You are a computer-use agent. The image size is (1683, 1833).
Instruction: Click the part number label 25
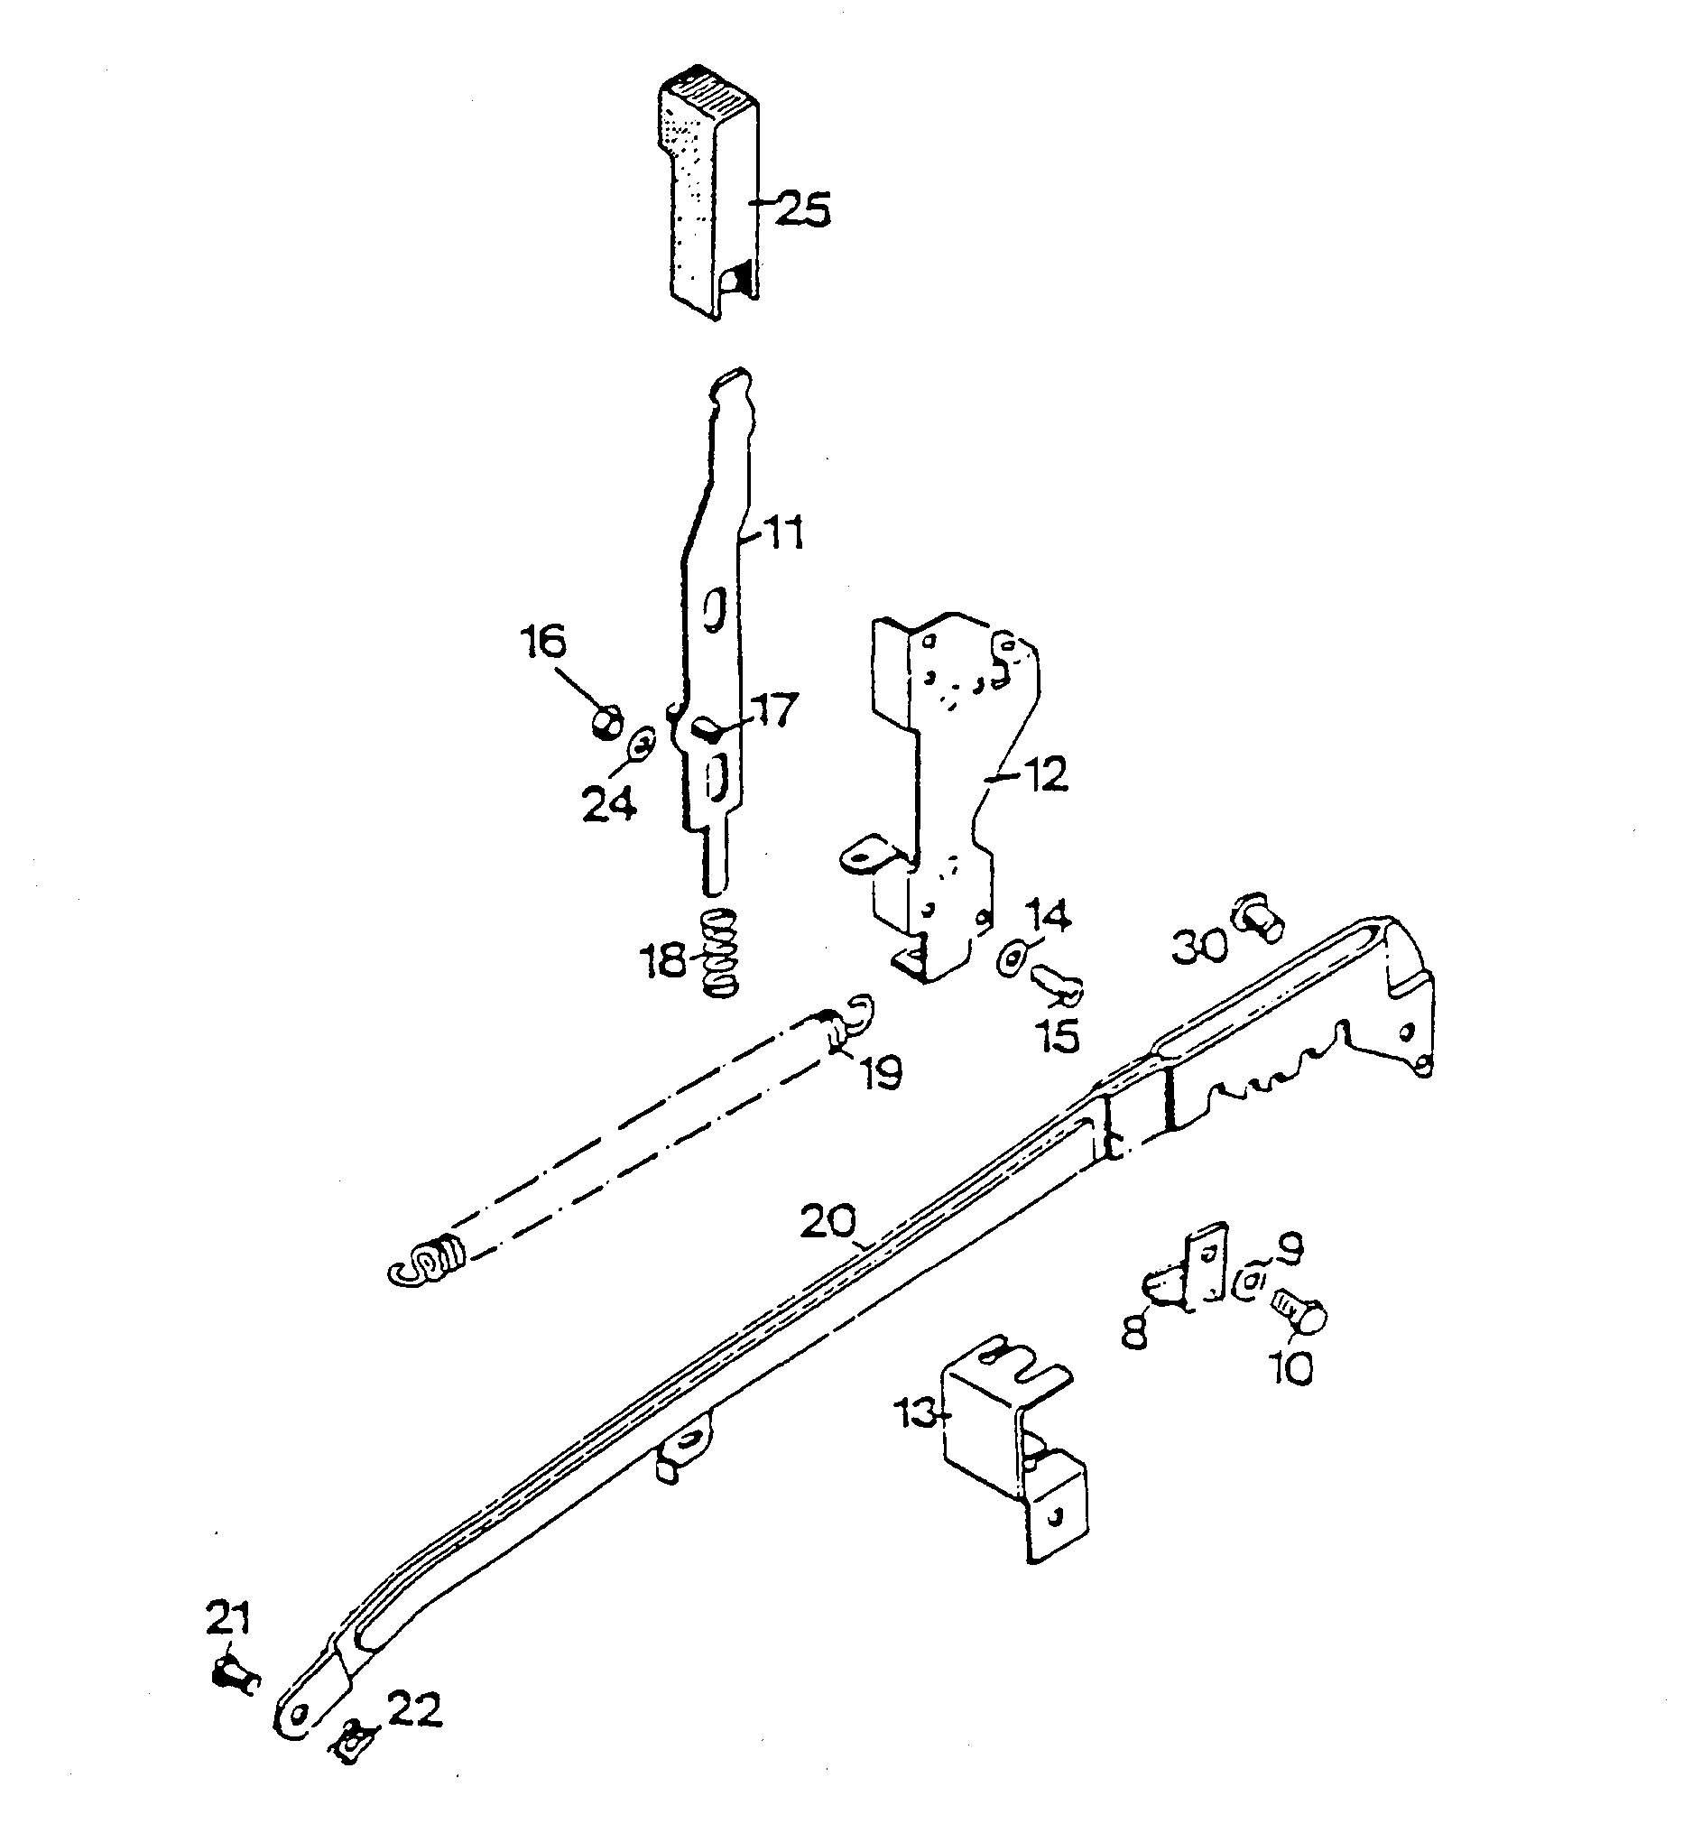click(x=803, y=208)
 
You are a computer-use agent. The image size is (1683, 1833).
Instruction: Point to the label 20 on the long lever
click(x=828, y=1221)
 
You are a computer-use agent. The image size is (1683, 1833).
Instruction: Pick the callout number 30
click(x=1198, y=946)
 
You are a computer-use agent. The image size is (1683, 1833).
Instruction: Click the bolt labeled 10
click(x=1297, y=1316)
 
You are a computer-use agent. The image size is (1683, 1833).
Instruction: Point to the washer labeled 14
click(x=1012, y=959)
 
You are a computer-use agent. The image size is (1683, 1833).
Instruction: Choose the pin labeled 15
click(x=1057, y=986)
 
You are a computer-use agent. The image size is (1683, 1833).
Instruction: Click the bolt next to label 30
click(x=1259, y=918)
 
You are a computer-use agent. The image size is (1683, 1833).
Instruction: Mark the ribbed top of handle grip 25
click(x=717, y=93)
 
